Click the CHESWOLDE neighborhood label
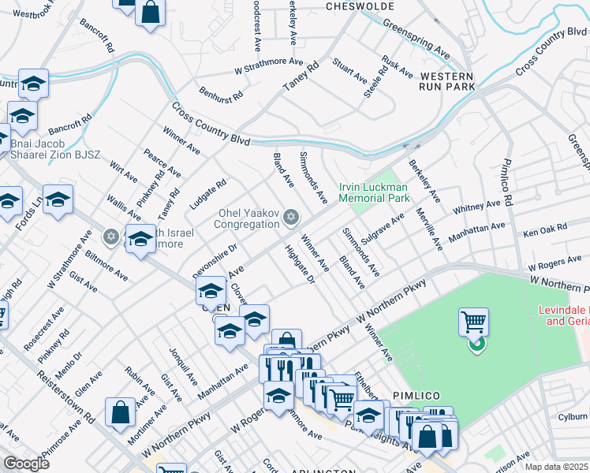point(360,6)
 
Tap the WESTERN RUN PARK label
point(447,80)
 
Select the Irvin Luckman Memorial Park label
point(374,192)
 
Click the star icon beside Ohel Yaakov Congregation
point(291,217)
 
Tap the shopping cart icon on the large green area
point(473,322)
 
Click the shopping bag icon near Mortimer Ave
point(120,412)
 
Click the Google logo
point(27,463)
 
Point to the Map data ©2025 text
point(556,467)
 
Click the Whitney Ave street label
point(476,208)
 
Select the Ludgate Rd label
point(207,194)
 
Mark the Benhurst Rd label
point(221,99)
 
